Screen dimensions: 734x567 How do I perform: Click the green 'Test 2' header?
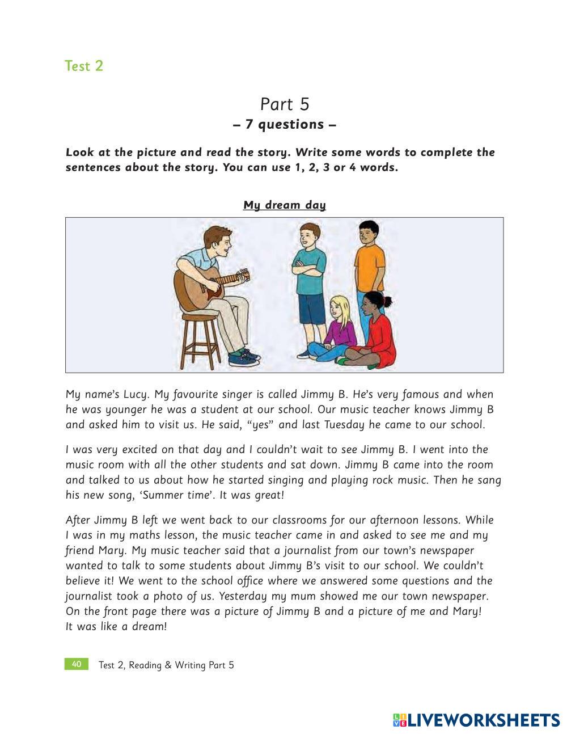[x=84, y=66]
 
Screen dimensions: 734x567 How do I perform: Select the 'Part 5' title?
[x=285, y=104]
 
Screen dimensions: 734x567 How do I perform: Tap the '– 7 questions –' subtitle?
[x=285, y=124]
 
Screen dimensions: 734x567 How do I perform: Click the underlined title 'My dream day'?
[x=285, y=205]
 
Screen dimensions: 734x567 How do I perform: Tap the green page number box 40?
[x=77, y=664]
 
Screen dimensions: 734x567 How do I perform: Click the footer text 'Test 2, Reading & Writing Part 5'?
[x=166, y=665]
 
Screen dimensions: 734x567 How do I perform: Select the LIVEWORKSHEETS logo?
[x=476, y=720]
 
